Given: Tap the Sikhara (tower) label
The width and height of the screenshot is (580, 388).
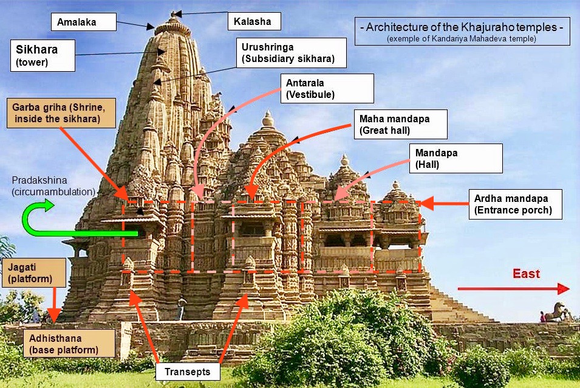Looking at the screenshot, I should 43,55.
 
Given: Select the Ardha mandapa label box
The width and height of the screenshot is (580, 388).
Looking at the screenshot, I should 515,204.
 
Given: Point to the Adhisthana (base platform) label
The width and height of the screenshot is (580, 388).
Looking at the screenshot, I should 68,344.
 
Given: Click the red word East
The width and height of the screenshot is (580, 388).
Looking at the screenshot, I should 526,274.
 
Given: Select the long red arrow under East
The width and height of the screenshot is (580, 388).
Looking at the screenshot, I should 513,288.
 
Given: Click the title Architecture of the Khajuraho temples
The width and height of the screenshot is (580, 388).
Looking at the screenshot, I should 462,27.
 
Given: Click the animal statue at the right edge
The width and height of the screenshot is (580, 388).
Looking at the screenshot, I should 556,311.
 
